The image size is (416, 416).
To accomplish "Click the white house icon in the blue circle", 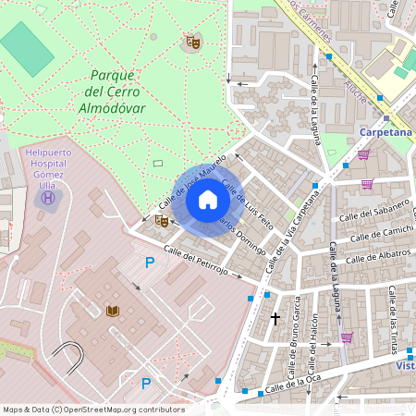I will pyautogui.click(x=208, y=200).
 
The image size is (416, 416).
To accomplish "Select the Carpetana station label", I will pyautogui.click(x=385, y=132).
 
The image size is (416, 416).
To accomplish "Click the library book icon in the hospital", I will pyautogui.click(x=113, y=312).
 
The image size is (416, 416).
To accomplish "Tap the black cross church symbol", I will pyautogui.click(x=275, y=319).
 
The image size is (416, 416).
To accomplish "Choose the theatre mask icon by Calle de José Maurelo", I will pyautogui.click(x=162, y=221).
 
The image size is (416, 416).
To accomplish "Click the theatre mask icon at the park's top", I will pyautogui.click(x=192, y=42).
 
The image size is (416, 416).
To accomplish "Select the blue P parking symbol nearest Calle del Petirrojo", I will pyautogui.click(x=149, y=263).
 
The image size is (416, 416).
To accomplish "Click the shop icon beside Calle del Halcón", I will pyautogui.click(x=347, y=337).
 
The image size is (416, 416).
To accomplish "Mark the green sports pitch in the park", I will pyautogui.click(x=28, y=47).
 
